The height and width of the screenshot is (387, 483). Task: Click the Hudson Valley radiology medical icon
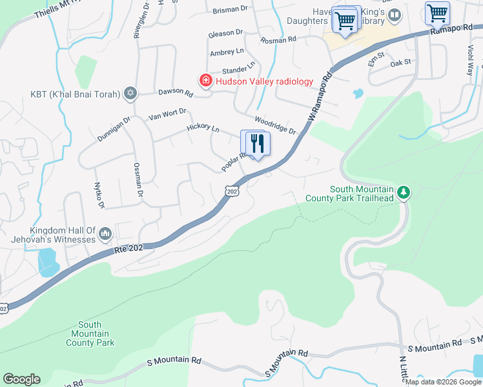coord(205,81)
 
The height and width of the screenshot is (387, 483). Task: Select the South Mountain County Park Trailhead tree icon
coord(404,192)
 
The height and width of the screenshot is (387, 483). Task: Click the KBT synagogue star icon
coord(130,94)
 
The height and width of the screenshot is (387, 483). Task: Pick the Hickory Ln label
coord(203,129)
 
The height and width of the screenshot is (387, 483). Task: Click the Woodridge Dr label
coord(274,125)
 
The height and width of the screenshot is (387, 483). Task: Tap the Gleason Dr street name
coord(225,33)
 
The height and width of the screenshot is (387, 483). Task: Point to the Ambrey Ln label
coord(227,51)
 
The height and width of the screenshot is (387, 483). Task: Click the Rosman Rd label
coord(278,39)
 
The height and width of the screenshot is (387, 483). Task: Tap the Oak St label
coord(400,62)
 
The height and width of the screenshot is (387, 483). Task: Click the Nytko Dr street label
coord(99,195)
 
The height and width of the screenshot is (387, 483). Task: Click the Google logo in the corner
coord(21,379)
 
